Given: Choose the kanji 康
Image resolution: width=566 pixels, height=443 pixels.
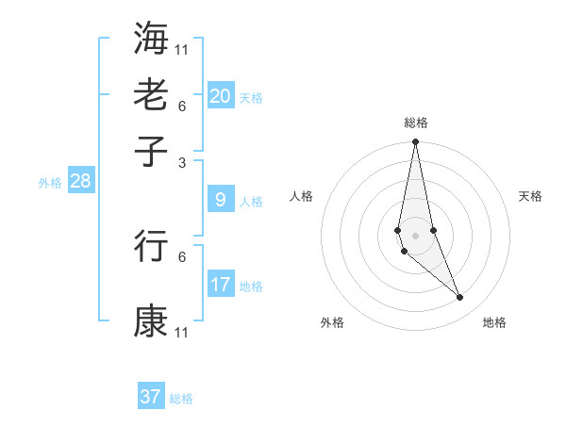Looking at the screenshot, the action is [x=151, y=321].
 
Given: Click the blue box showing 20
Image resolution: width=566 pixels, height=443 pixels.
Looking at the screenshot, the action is [x=221, y=96].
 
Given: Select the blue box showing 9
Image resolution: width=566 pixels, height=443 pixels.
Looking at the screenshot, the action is [x=221, y=200].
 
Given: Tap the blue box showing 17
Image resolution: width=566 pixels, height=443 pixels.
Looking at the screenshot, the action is [x=221, y=285].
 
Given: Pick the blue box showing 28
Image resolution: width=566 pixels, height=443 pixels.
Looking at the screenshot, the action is [x=80, y=182].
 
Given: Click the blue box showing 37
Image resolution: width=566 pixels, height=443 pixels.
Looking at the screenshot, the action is [x=151, y=397].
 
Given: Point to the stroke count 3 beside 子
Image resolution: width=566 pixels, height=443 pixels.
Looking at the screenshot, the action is [x=181, y=162].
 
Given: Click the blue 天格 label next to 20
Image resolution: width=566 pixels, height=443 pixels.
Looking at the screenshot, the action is [x=251, y=98].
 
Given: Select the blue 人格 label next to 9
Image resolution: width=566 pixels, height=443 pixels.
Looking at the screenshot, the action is [x=251, y=202].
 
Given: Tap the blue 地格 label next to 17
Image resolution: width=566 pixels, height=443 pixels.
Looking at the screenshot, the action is [x=251, y=287].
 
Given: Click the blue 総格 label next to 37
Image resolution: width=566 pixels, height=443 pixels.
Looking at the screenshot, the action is [x=181, y=399].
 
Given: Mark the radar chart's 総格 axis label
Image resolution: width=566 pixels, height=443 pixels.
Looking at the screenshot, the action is [x=415, y=123].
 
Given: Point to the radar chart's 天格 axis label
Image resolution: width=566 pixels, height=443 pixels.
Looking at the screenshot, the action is [x=530, y=196].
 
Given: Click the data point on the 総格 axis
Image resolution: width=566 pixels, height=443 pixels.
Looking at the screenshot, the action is [x=415, y=142].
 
